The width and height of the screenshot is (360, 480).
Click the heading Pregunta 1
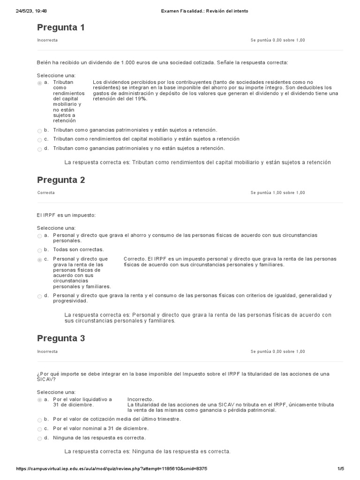tap(61, 28)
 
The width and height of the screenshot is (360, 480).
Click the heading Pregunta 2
tap(61, 180)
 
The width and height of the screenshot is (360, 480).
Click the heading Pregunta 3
tap(61, 338)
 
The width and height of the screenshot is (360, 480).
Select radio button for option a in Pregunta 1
tap(39, 83)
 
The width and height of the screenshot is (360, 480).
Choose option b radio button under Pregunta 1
tap(39, 130)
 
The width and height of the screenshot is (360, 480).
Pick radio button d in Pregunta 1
tap(39, 149)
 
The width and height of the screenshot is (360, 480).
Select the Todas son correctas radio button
tap(39, 250)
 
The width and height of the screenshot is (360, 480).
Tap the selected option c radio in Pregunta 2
tap(39, 260)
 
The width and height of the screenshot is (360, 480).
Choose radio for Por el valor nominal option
tap(39, 429)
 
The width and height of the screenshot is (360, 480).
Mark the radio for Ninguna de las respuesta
tap(39, 438)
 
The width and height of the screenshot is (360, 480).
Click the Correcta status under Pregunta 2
tap(46, 193)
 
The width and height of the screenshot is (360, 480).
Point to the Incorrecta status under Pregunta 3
tap(47, 351)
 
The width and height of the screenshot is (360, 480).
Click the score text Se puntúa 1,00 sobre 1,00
tap(277, 193)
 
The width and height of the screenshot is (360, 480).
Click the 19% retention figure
tap(140, 99)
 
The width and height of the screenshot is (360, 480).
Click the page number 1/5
tap(341, 468)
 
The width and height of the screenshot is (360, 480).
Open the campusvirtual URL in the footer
tap(112, 468)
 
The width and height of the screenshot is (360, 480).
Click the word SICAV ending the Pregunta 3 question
tap(45, 380)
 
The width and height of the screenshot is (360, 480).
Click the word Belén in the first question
tap(44, 62)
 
